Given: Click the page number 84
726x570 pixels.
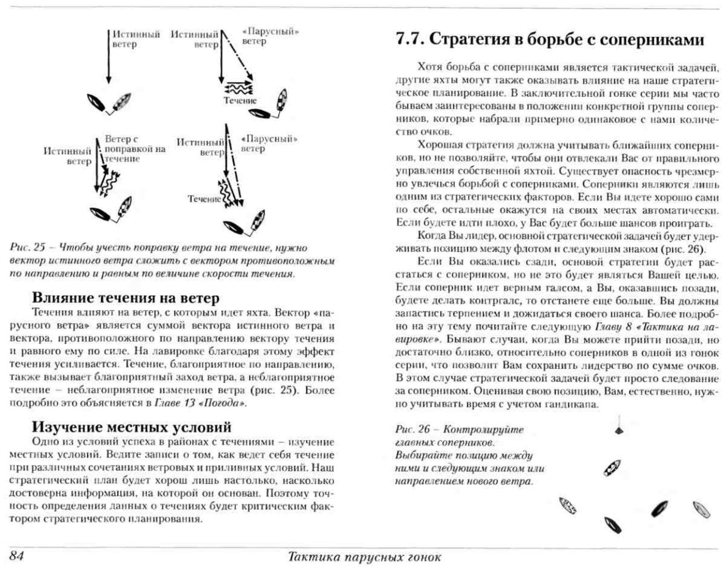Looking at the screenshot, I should tap(16, 556).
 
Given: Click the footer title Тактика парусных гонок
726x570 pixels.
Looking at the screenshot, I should tap(364, 557).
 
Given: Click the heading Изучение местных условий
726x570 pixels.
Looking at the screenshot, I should tap(132, 427).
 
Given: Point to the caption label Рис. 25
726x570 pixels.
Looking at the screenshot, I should tap(27, 248).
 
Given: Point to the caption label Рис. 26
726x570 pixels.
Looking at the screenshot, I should tap(412, 430).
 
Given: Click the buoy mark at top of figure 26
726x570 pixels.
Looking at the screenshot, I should tap(618, 429).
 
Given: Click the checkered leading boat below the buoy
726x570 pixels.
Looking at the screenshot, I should tap(612, 468).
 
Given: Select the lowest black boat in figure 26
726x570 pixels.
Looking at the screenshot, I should tap(612, 525).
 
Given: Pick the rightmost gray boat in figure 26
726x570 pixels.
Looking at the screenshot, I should tap(701, 510).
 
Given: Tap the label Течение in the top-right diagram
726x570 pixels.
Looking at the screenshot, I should tap(240, 101).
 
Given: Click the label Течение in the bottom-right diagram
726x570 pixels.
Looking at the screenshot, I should tap(204, 199).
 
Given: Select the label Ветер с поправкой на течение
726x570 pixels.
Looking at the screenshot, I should tap(134, 149).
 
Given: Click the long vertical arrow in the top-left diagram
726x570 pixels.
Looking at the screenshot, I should tap(109, 56).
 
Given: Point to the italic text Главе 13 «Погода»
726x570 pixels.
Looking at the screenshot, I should tap(200, 403).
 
